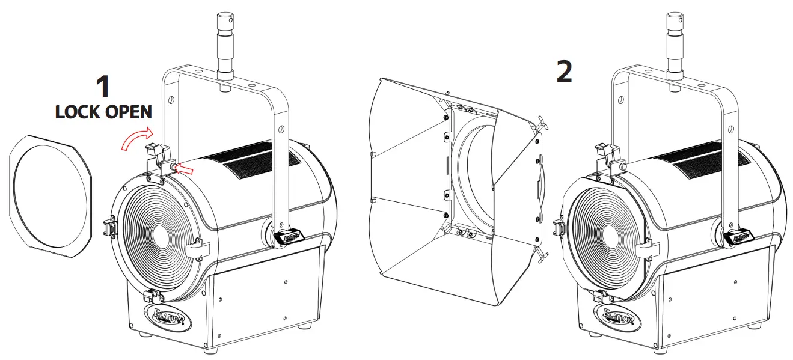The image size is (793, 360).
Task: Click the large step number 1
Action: (103, 86)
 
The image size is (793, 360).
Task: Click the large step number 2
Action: (564, 72)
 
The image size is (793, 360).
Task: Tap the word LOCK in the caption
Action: (77, 112)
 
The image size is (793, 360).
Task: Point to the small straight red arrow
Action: (188, 171)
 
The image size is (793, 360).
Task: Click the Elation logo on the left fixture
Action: (168, 316)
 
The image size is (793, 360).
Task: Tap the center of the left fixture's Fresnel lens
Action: (161, 234)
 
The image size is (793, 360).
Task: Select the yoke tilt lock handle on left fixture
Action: (287, 237)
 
